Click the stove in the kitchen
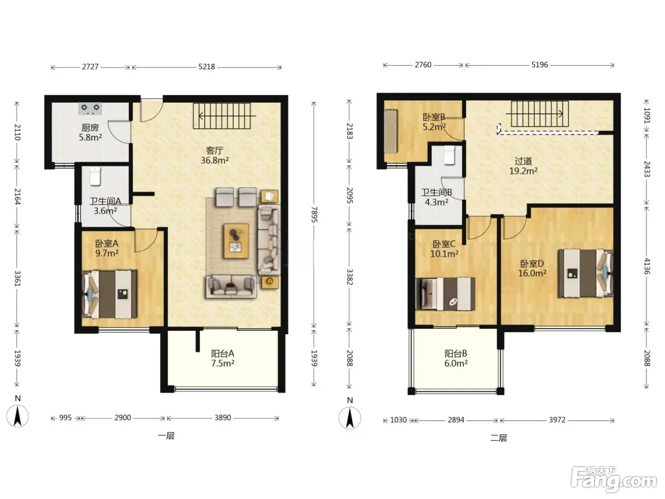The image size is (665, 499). (x=90, y=108)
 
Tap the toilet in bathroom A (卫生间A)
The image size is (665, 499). (x=95, y=176)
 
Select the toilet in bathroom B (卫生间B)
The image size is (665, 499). (x=450, y=155)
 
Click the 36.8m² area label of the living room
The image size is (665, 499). (x=215, y=160)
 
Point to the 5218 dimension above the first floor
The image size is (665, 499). (x=207, y=67)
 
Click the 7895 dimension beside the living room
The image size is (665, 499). (x=314, y=214)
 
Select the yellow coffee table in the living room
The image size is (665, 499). (x=236, y=241)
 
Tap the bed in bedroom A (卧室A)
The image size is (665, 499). (x=110, y=294)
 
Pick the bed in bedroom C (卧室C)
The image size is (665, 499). (x=446, y=294)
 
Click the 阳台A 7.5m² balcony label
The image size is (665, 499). (x=223, y=358)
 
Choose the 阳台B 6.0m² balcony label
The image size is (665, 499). (x=456, y=358)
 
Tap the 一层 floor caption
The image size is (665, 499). (x=166, y=436)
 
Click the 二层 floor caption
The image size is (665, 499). (x=499, y=438)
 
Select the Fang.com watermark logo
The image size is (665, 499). (x=614, y=479)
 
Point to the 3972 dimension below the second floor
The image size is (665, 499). (x=557, y=420)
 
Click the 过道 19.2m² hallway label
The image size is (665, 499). (x=523, y=166)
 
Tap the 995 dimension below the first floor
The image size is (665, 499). (x=65, y=418)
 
